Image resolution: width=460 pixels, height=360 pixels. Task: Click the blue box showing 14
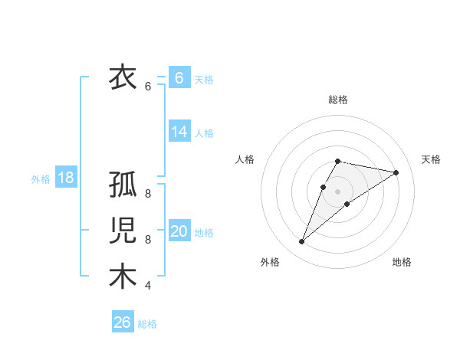pyautogui.click(x=179, y=132)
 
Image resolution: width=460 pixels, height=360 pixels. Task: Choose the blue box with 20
pyautogui.click(x=179, y=232)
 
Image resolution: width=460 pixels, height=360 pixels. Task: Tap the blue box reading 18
pyautogui.click(x=66, y=178)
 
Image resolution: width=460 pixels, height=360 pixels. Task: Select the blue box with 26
pyautogui.click(x=123, y=322)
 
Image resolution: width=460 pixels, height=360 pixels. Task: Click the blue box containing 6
pyautogui.click(x=179, y=77)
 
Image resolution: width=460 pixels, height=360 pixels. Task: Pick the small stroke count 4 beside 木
pyautogui.click(x=148, y=286)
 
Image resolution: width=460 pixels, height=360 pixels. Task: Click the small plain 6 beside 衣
pyautogui.click(x=148, y=87)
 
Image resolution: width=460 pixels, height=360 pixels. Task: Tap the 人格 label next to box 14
pyautogui.click(x=204, y=133)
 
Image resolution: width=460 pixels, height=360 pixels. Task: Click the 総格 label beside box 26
pyautogui.click(x=147, y=324)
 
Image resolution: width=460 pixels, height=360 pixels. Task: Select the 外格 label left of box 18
pyautogui.click(x=41, y=179)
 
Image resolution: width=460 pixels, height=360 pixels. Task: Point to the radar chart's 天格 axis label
pyautogui.click(x=431, y=159)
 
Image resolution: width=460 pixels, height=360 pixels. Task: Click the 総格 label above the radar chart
pyautogui.click(x=337, y=100)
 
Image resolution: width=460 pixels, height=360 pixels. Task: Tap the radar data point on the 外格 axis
pyautogui.click(x=301, y=242)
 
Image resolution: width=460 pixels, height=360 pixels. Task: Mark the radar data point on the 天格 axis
pyautogui.click(x=396, y=172)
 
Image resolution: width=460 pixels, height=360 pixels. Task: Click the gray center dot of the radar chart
pyautogui.click(x=337, y=191)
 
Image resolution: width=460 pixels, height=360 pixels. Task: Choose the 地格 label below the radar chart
pyautogui.click(x=402, y=262)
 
